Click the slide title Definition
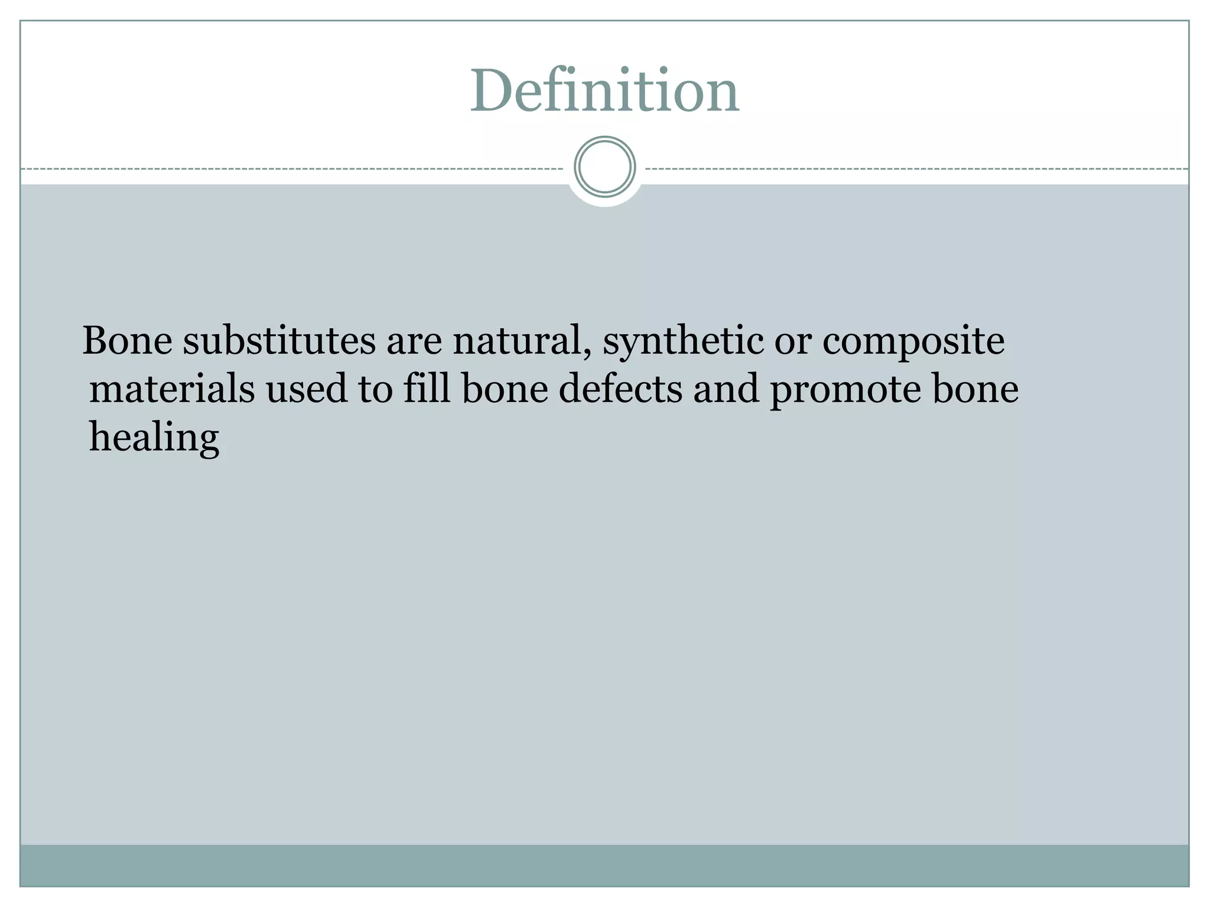click(x=604, y=91)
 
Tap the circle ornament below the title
click(x=604, y=167)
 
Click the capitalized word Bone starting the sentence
click(x=127, y=341)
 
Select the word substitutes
click(x=279, y=341)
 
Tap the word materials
click(x=172, y=390)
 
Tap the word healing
click(x=154, y=439)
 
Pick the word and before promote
click(x=726, y=390)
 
